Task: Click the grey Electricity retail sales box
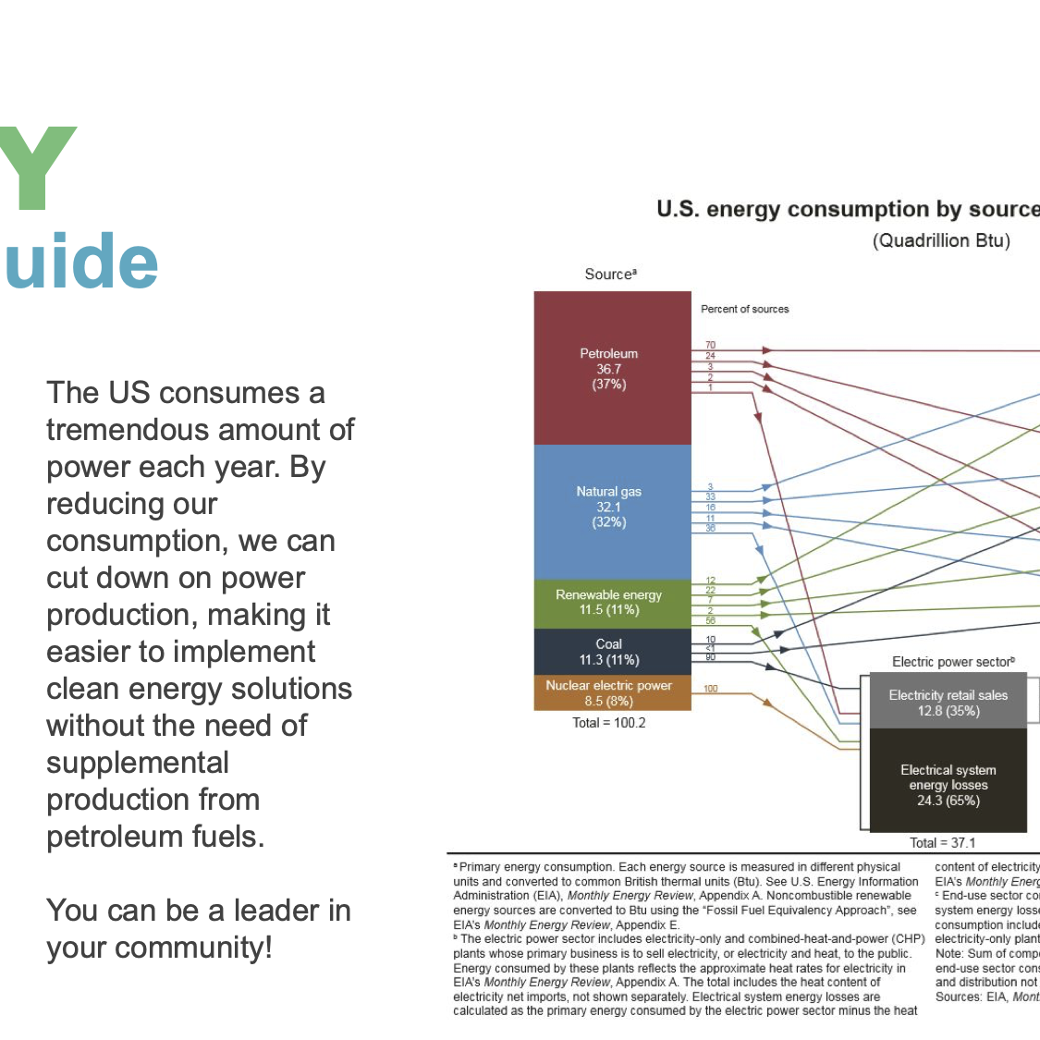[948, 704]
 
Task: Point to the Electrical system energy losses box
[948, 784]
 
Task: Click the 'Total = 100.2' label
[608, 723]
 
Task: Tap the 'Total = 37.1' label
[942, 842]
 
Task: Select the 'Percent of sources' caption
[744, 309]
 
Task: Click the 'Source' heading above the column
[609, 275]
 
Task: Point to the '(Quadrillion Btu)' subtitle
[941, 241]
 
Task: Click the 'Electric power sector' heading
[952, 662]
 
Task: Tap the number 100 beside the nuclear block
[710, 689]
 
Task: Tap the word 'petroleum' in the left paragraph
[116, 837]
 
